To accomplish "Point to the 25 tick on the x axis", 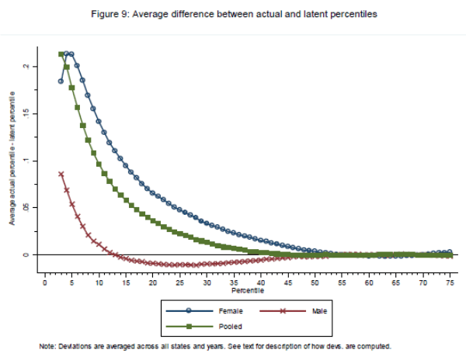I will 179,283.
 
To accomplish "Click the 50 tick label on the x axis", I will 314,283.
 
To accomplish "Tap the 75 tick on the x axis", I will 449,283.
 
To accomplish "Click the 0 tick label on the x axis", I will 44,283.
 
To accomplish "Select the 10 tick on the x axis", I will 99,283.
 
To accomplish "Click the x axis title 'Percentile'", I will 246,293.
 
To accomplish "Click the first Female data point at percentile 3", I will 61,81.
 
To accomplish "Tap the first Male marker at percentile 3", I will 61,174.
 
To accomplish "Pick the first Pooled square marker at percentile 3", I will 61,54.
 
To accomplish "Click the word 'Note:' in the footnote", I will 47,346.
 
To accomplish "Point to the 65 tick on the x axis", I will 395,283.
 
